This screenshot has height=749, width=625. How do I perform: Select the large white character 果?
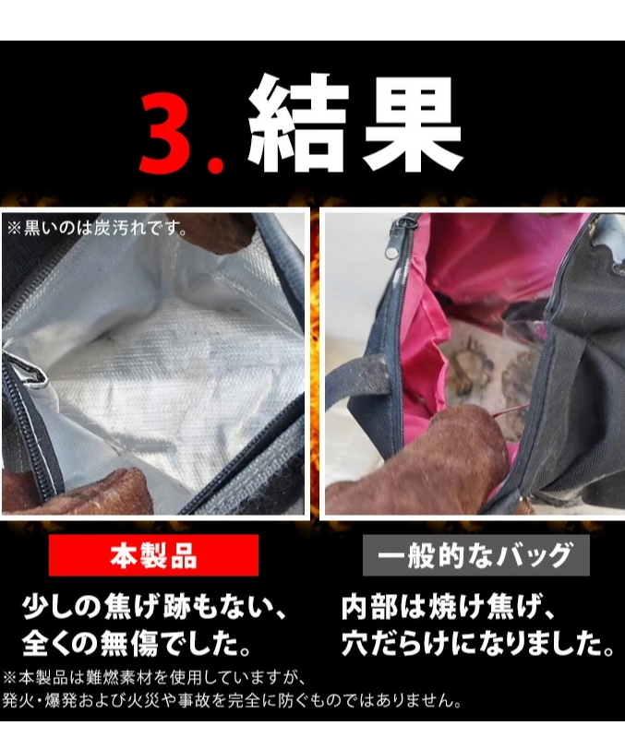point(411,124)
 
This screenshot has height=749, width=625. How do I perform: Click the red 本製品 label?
point(153,555)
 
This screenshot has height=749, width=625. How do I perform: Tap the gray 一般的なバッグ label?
point(475,555)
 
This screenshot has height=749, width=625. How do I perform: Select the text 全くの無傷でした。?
point(137,643)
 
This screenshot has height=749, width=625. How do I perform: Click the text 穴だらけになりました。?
point(477,643)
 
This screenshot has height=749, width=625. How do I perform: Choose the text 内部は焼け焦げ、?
point(448,607)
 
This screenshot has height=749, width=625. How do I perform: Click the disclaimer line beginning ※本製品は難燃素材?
point(154,677)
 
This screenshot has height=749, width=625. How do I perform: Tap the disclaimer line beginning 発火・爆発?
point(233,701)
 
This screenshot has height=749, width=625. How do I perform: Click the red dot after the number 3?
point(217,164)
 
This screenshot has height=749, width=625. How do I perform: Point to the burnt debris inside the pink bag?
point(483,373)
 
